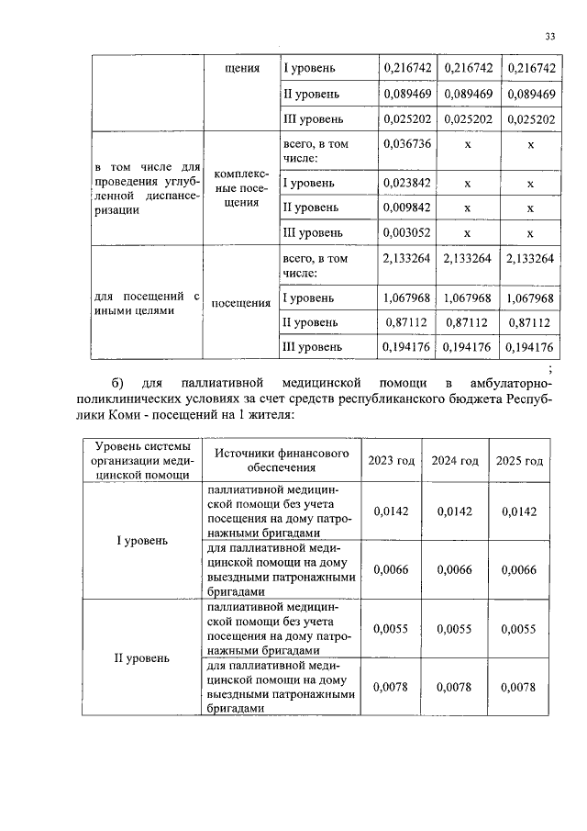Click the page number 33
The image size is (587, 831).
tap(549, 36)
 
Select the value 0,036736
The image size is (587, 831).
tap(406, 144)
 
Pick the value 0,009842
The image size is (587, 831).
tap(406, 208)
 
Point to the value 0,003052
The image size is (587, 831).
tap(406, 232)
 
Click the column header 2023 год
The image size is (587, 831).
tap(391, 460)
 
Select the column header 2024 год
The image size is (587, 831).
tap(455, 460)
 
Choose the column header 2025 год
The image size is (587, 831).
tap(519, 460)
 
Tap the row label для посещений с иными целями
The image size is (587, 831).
tap(147, 303)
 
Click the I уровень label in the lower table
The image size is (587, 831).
tap(141, 540)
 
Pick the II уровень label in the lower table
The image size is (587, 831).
tap(141, 658)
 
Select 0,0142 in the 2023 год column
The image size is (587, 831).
tap(391, 511)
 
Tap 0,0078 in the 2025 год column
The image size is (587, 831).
tap(519, 687)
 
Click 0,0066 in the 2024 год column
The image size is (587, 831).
tap(455, 570)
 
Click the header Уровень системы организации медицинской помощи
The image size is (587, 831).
tap(141, 461)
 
